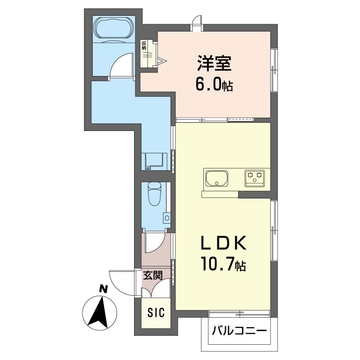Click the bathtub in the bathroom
(114, 28)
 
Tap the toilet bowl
(154, 193)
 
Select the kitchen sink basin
(217, 178)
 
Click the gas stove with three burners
(254, 178)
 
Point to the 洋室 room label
(214, 63)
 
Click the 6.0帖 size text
(214, 85)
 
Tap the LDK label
(223, 243)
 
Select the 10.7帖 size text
(223, 264)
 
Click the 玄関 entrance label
(153, 275)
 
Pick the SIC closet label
(156, 312)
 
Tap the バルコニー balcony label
(239, 331)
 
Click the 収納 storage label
(144, 46)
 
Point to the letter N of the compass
(103, 288)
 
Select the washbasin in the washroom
(154, 161)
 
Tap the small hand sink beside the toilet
(166, 217)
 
